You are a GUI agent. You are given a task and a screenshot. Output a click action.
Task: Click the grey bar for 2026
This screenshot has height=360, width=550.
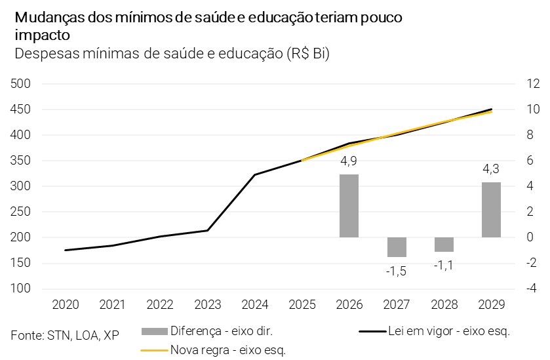[349, 206]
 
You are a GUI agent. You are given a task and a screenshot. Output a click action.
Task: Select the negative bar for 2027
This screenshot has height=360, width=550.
[397, 247]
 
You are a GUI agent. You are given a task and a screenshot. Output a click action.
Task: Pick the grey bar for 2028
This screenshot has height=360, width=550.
[444, 245]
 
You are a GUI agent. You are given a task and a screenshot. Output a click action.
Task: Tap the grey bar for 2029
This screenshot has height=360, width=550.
[491, 210]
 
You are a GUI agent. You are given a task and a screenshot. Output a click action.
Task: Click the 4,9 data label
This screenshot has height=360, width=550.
[349, 161]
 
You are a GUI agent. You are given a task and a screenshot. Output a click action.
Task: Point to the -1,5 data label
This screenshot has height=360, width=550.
[397, 270]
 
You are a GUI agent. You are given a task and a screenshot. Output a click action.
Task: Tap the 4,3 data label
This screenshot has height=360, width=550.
[491, 169]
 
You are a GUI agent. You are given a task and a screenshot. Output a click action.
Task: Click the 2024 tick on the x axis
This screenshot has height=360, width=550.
[254, 305]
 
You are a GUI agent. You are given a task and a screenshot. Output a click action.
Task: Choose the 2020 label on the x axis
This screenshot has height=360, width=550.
[65, 305]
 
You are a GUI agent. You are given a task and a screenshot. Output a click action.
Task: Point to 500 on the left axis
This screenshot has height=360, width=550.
[22, 84]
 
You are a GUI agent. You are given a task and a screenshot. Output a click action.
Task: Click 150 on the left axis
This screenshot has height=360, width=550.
[22, 264]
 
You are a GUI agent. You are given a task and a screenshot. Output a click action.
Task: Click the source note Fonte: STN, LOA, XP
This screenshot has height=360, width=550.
[65, 335]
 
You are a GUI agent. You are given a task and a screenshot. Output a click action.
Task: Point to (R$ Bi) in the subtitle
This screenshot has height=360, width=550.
[307, 54]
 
